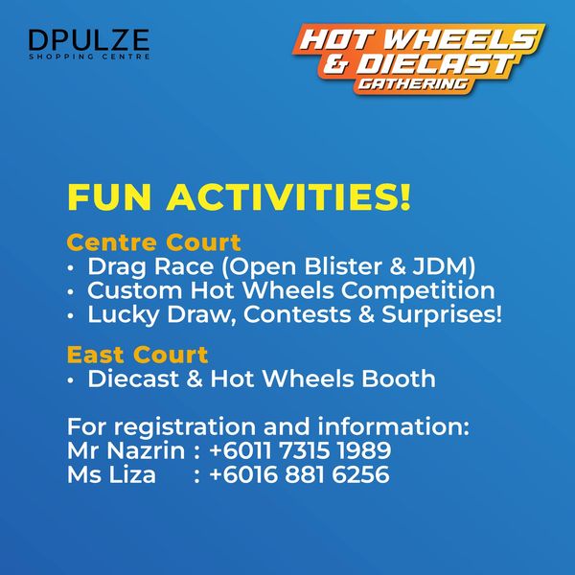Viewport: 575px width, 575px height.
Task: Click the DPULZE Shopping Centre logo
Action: [x=89, y=44]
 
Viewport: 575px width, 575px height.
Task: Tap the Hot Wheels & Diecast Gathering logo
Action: [x=419, y=58]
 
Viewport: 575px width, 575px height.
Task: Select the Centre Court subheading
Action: [x=153, y=242]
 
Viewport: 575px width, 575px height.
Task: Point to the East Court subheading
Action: [x=137, y=355]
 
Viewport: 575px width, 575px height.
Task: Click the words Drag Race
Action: [x=150, y=266]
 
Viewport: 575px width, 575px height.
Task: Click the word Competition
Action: [x=418, y=291]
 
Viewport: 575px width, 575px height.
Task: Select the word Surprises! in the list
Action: [x=442, y=315]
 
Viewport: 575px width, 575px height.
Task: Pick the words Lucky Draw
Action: [x=162, y=315]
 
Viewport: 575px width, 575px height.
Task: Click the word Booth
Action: [x=399, y=379]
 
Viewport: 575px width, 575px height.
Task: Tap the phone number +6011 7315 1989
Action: [x=300, y=450]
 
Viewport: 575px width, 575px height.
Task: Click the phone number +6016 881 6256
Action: [x=299, y=474]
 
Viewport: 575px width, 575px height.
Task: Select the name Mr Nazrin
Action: [x=126, y=450]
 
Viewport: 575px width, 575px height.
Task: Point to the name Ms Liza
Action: [x=111, y=474]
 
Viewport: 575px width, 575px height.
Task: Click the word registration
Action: [x=184, y=427]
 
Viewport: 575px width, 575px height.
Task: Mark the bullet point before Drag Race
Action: [x=71, y=267]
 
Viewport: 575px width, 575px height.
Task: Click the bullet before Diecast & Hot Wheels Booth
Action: [x=71, y=379]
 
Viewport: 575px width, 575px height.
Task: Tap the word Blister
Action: [x=344, y=266]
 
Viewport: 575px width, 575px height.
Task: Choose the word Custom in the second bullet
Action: [x=134, y=290]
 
